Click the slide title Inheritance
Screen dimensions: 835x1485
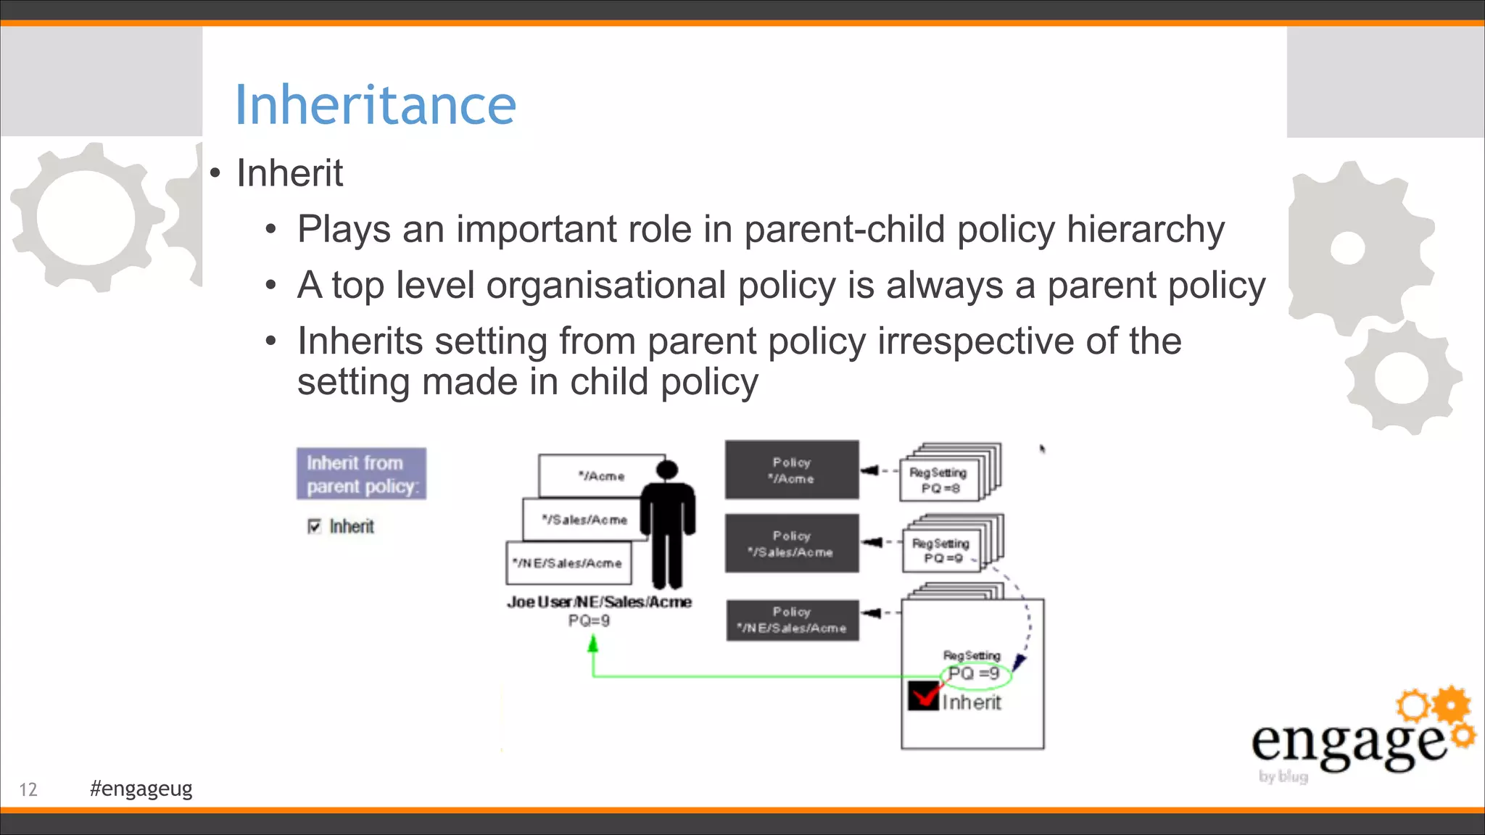point(375,105)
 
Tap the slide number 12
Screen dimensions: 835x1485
point(28,789)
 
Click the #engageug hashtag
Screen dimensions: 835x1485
point(141,789)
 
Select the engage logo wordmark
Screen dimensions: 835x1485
point(1349,743)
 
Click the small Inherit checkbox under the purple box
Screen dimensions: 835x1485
point(314,526)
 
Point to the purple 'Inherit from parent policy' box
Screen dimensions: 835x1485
point(361,474)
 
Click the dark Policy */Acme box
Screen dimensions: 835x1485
point(792,470)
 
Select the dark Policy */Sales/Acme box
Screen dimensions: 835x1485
point(792,544)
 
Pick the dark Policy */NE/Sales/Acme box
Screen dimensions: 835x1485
point(792,620)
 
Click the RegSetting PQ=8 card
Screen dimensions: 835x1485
point(940,480)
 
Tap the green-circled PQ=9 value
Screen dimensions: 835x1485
point(975,674)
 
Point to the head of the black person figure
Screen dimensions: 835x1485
point(667,470)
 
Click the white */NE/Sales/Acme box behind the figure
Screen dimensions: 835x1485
point(568,563)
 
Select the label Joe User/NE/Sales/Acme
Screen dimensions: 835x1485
point(599,602)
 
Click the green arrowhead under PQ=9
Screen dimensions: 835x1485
point(593,644)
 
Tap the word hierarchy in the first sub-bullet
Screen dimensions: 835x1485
point(1145,230)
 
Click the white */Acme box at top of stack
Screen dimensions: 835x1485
point(600,476)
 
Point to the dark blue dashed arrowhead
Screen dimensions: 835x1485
point(1019,662)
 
